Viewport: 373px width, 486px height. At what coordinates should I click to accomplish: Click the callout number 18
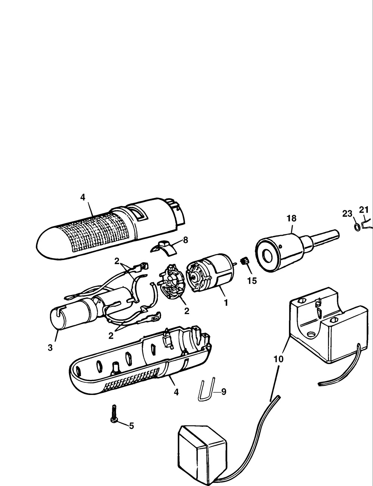pos(291,218)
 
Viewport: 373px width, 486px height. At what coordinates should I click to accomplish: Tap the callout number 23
pos(347,214)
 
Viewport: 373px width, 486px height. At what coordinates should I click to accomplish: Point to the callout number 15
pos(252,281)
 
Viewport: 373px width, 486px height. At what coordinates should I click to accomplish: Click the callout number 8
pos(185,240)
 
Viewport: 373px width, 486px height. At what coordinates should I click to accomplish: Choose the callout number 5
pos(132,426)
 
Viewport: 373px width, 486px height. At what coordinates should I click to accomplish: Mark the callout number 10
pos(278,359)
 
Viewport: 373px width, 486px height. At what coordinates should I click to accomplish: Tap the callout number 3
pos(50,348)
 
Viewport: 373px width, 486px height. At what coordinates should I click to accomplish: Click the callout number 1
pos(226,303)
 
